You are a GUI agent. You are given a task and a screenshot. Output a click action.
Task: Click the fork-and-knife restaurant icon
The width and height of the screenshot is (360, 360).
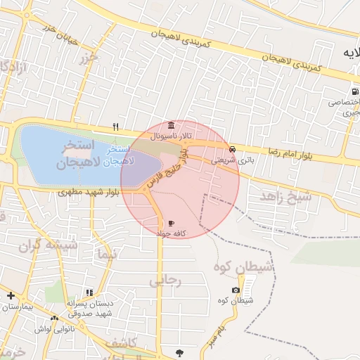point(116,127)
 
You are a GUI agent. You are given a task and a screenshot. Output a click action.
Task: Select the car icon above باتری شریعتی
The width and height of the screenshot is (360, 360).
point(233,149)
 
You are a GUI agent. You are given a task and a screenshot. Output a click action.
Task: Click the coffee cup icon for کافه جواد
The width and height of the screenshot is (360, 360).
point(172,224)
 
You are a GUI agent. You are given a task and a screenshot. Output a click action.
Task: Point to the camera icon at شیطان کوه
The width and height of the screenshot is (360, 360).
point(236,290)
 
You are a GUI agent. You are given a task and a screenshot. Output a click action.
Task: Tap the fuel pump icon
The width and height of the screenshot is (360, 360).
point(355,91)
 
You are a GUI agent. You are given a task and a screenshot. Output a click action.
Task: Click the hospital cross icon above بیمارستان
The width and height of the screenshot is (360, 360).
point(10,295)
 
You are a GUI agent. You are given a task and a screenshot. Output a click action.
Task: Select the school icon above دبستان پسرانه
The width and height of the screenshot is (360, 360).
point(89,292)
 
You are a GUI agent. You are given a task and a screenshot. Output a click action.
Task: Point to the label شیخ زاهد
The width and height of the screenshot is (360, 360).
point(285,197)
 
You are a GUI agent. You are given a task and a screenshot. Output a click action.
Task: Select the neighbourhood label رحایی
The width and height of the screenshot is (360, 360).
point(166,281)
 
